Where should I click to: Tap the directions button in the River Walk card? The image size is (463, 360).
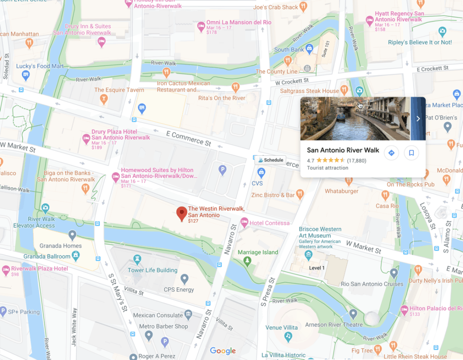(391, 153)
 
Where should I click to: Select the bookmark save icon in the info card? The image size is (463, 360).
(411, 153)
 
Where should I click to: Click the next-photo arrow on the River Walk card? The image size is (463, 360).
(418, 119)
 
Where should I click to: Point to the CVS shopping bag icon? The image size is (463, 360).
(261, 173)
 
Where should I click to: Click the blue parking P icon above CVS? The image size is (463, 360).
(222, 170)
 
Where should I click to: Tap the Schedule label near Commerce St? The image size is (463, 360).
(270, 160)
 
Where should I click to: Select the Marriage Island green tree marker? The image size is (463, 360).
(247, 261)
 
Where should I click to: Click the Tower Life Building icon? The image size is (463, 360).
(137, 260)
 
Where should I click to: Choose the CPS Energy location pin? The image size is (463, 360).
(184, 279)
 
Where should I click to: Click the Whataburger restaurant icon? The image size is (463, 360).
(348, 181)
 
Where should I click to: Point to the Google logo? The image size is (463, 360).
(223, 351)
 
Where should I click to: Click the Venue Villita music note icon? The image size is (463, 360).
(288, 337)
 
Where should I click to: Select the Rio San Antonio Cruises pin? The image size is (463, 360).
(394, 273)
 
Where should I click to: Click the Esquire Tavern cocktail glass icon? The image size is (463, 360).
(104, 99)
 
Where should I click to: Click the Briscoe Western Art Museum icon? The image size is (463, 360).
(308, 256)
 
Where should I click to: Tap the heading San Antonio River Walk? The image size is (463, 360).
(343, 150)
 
